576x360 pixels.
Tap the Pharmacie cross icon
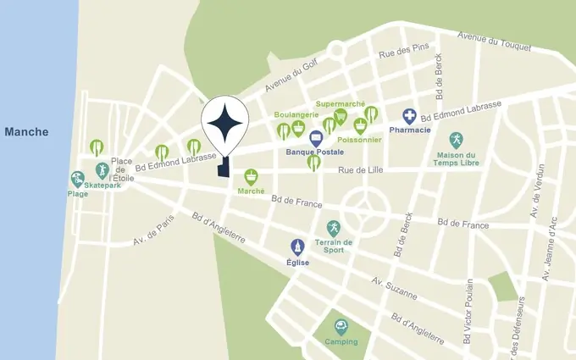coord(409,116)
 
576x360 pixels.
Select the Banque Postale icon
coord(316,138)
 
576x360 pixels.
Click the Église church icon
coord(297,246)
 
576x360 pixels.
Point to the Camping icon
coord(340,326)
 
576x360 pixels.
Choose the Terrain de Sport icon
coord(334,229)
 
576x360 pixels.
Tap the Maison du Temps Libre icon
coord(457,139)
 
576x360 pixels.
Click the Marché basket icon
coord(251,176)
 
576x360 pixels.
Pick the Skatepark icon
coord(102,170)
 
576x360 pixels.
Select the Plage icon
coord(78,180)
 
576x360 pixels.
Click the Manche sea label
coord(26,132)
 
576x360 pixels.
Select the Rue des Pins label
coord(399,53)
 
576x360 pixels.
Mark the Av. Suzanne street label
coord(395,288)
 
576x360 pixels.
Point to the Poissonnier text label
coord(358,140)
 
